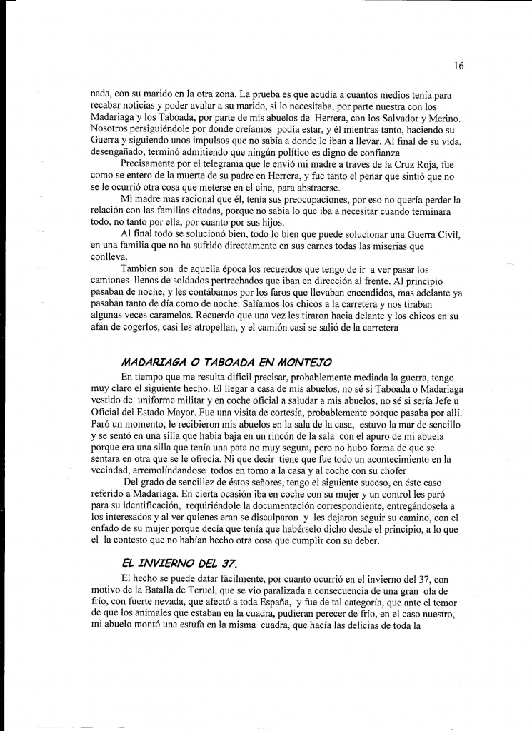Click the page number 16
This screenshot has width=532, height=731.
458,66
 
